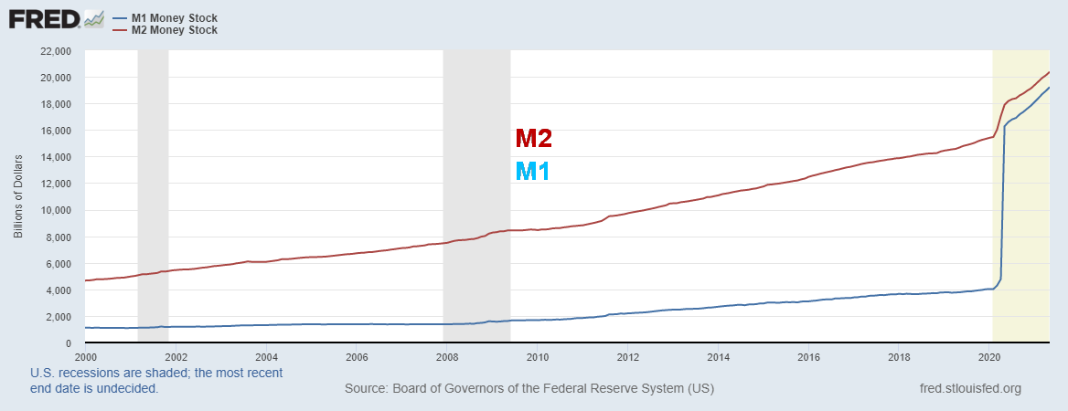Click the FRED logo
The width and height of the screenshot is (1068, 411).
(x=42, y=18)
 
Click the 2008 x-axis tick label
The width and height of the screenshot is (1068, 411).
(x=446, y=357)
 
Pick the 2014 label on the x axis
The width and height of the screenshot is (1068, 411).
(x=718, y=357)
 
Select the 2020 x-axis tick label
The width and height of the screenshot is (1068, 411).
(x=989, y=357)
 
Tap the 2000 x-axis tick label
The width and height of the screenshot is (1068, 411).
(x=85, y=357)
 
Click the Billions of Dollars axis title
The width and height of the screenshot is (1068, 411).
(x=18, y=196)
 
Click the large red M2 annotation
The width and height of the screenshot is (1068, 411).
(x=533, y=139)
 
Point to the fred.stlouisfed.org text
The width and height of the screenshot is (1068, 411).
(x=969, y=389)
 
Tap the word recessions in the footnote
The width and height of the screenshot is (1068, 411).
(x=89, y=373)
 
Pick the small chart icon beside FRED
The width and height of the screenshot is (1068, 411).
(x=93, y=18)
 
